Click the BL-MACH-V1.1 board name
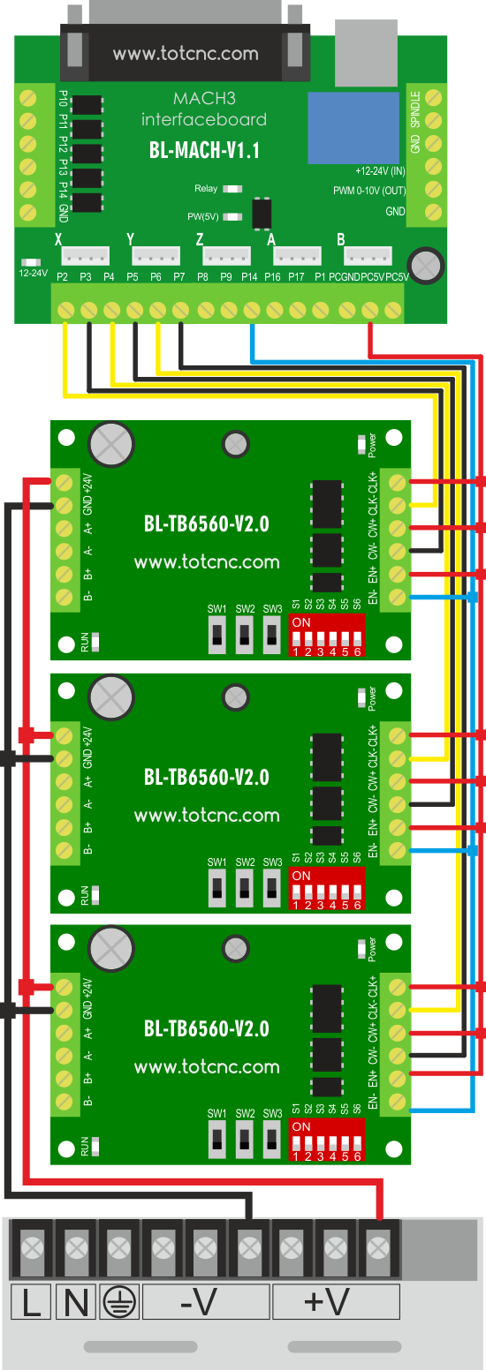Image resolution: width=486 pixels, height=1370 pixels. [x=204, y=150]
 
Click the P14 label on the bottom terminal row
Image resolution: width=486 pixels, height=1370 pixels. [x=249, y=277]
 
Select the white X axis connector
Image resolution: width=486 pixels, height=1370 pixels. [x=85, y=255]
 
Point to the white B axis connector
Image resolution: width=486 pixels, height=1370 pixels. [x=368, y=255]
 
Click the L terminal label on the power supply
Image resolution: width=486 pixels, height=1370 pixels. [x=31, y=1303]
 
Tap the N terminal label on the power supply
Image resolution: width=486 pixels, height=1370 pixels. [x=76, y=1303]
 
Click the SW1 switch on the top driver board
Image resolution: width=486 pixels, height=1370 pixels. [x=216, y=634]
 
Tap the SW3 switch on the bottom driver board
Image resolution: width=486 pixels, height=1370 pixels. [x=272, y=1140]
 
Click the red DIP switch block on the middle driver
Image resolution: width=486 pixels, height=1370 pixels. [x=327, y=888]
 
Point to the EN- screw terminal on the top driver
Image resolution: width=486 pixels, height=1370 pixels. [x=396, y=597]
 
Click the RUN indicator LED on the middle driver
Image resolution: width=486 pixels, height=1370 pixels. [x=95, y=895]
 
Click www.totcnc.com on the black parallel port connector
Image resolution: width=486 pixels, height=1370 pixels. [x=186, y=54]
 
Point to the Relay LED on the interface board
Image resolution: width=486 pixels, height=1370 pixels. [x=232, y=189]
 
